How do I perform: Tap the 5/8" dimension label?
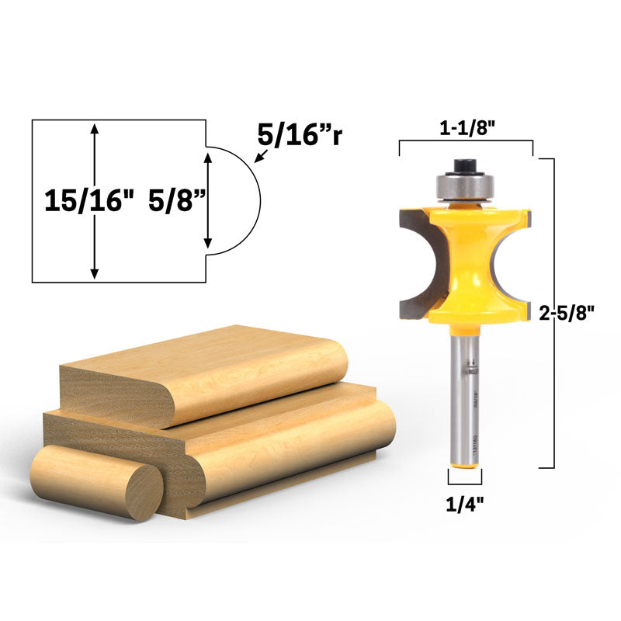point(177,201)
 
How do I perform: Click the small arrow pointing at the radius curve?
point(258,158)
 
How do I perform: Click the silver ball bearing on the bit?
point(465,186)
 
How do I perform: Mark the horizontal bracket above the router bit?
point(466,143)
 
